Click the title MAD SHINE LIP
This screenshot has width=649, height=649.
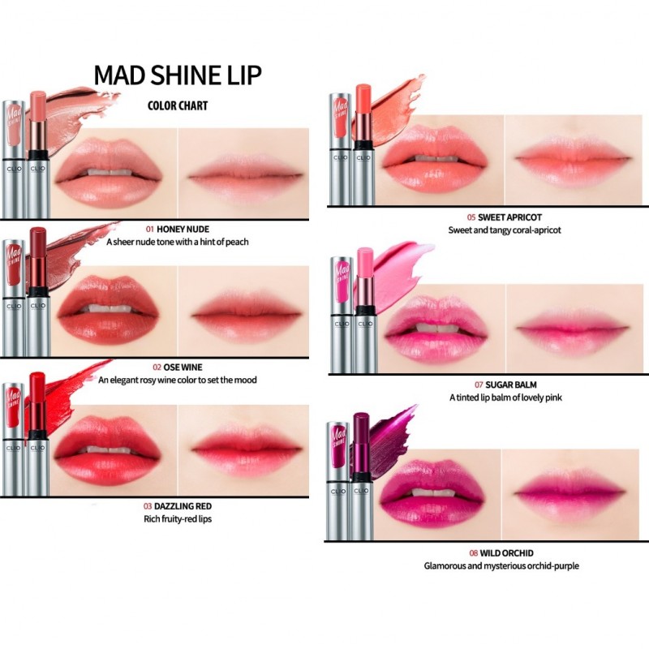click(177, 75)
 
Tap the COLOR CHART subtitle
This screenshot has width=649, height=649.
click(177, 105)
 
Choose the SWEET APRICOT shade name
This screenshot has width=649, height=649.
click(510, 217)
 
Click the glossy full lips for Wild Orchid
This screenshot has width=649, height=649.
click(434, 489)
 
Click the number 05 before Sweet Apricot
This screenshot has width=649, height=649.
click(471, 217)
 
